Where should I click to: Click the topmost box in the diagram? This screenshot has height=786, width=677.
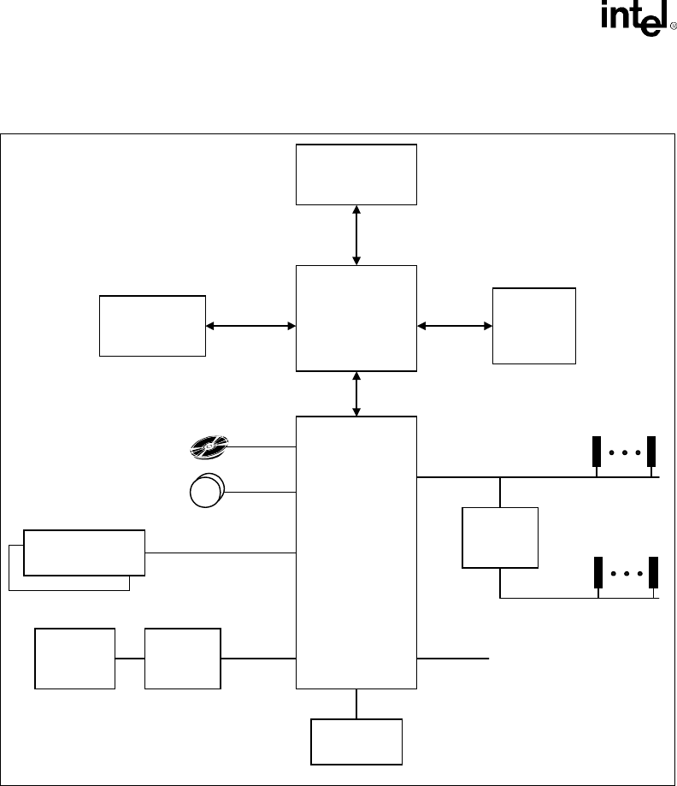click(x=356, y=174)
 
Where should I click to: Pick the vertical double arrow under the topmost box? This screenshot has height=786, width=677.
click(x=356, y=234)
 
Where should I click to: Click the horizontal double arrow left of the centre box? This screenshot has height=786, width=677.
click(x=250, y=325)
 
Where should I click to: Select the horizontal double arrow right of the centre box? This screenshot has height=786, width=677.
click(x=455, y=325)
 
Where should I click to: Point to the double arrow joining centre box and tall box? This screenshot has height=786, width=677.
click(x=356, y=394)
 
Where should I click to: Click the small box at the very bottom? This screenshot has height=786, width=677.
click(x=356, y=742)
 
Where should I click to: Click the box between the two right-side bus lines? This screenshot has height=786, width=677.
click(x=500, y=538)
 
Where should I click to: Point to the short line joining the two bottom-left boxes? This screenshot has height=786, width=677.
click(x=130, y=659)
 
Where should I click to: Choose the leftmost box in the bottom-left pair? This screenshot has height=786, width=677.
click(x=75, y=658)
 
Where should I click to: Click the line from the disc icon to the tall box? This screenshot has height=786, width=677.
click(x=262, y=446)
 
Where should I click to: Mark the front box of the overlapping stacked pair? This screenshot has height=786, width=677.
click(x=85, y=552)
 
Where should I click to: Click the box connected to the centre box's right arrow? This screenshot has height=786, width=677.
click(x=534, y=326)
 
